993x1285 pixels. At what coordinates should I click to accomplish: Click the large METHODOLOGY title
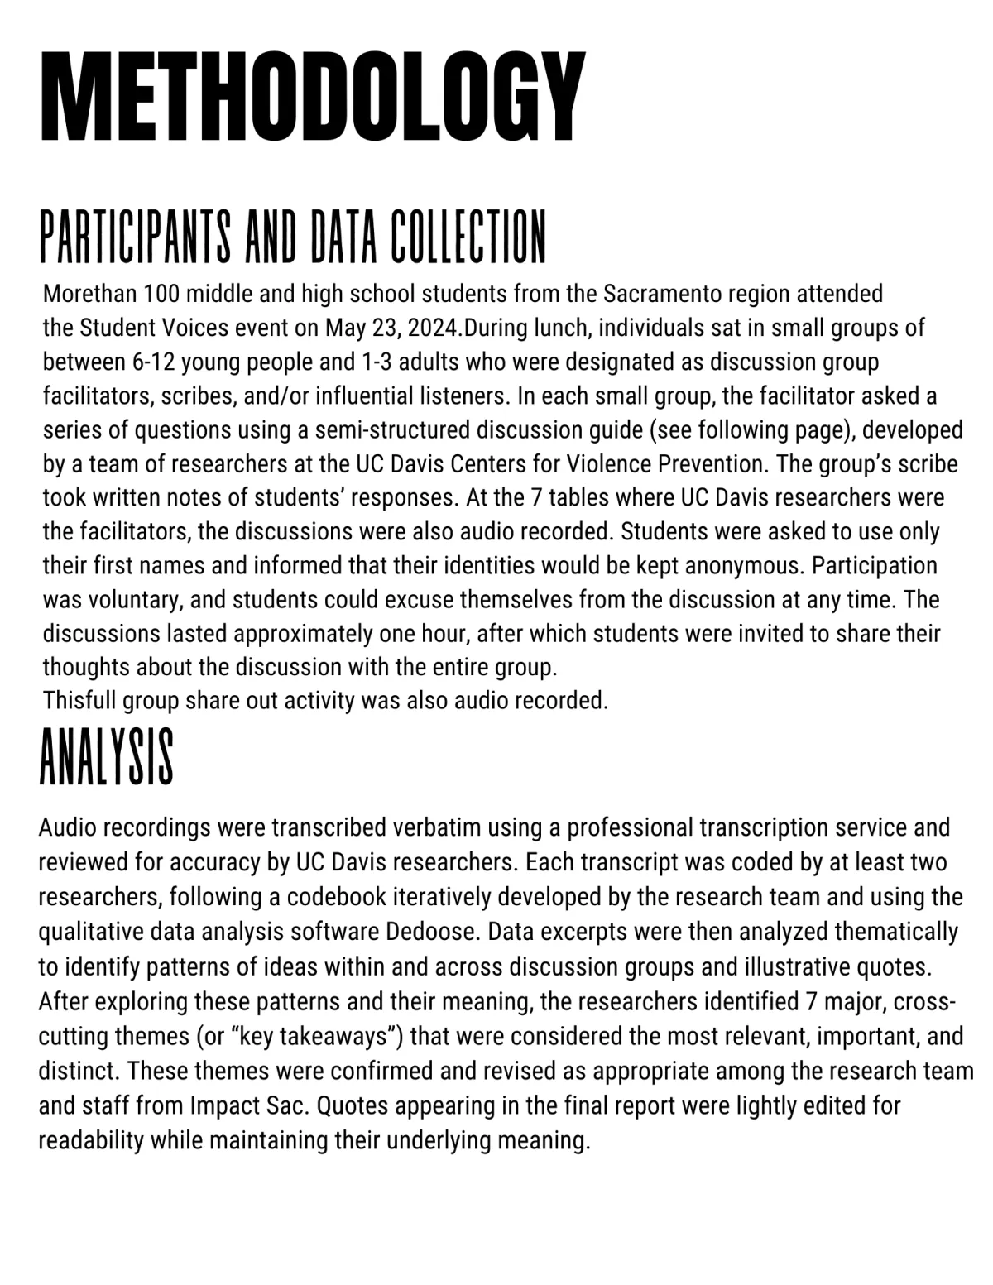tap(313, 98)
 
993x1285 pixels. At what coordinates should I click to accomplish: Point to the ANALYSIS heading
tap(107, 757)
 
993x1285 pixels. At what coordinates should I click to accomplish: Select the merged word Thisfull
tap(79, 701)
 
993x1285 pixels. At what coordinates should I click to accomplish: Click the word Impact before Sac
tap(219, 1105)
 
